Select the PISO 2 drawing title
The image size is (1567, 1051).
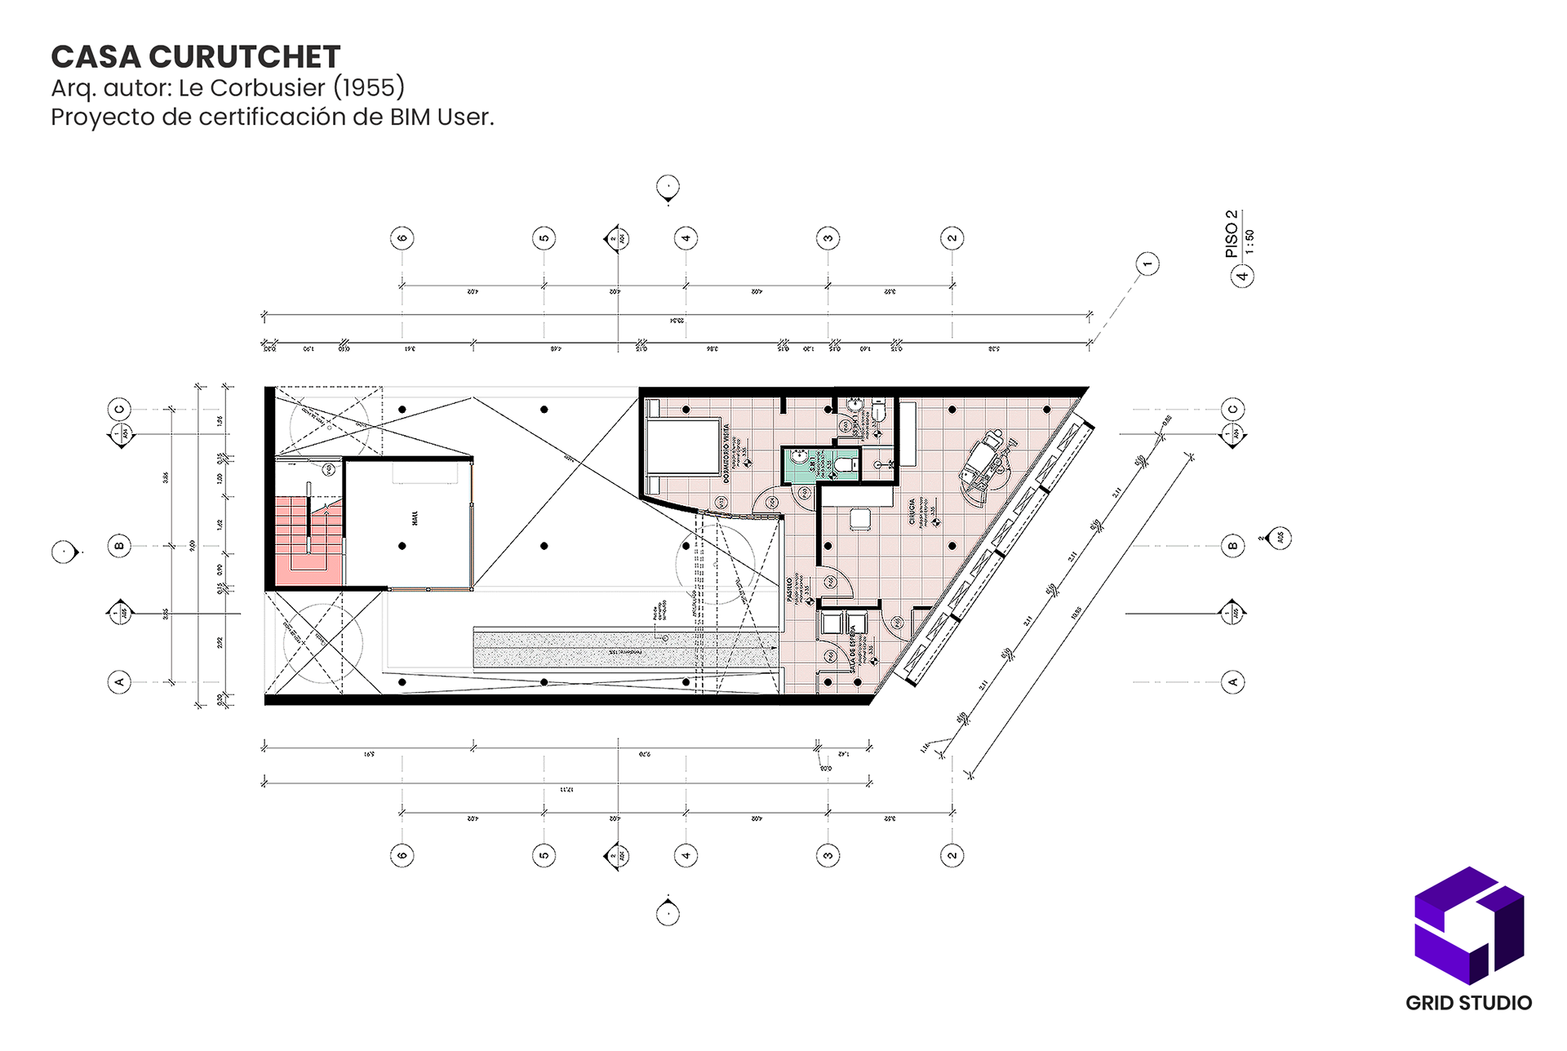pyautogui.click(x=1232, y=234)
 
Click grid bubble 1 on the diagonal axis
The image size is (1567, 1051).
pyautogui.click(x=1148, y=264)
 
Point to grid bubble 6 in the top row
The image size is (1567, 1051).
pyautogui.click(x=402, y=238)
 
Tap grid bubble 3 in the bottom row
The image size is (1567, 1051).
pyautogui.click(x=828, y=855)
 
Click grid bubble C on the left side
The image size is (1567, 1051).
pyautogui.click(x=120, y=409)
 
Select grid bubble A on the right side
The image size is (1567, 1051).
pyautogui.click(x=1232, y=681)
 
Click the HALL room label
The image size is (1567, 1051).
pyautogui.click(x=415, y=518)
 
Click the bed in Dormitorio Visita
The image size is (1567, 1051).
pyautogui.click(x=682, y=446)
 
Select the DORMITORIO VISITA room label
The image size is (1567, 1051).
pyautogui.click(x=726, y=454)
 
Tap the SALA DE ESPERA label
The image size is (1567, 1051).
pyautogui.click(x=854, y=650)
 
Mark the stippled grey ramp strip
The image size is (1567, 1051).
pyautogui.click(x=624, y=649)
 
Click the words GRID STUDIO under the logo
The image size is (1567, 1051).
pyautogui.click(x=1468, y=1003)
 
